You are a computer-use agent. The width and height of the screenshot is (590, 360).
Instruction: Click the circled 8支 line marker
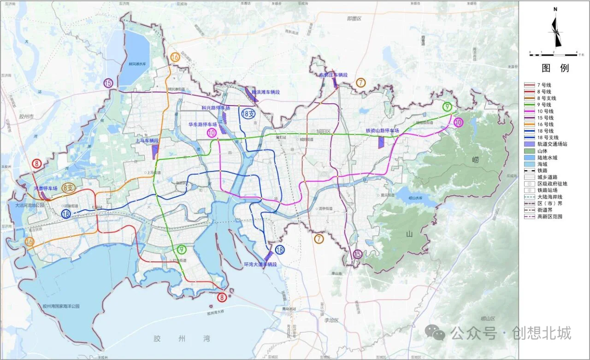pyautogui.click(x=68, y=188)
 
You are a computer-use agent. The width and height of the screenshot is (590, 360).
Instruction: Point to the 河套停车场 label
pyautogui.click(x=45, y=189)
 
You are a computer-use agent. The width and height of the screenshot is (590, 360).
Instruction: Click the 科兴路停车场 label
pyautogui.click(x=216, y=108)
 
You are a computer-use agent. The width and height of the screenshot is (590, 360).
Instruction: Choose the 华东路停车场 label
pyautogui.click(x=203, y=124)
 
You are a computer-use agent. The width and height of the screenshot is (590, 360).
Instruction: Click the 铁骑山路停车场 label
pyautogui.click(x=382, y=131)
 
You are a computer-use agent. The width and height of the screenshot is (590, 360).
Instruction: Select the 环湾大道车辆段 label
pyautogui.click(x=260, y=265)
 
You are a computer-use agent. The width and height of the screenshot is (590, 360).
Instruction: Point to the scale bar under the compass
pyautogui.click(x=553, y=54)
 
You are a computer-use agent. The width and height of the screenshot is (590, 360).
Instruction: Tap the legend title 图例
pyautogui.click(x=555, y=68)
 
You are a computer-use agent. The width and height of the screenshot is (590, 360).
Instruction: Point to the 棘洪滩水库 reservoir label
pyautogui.click(x=137, y=64)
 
